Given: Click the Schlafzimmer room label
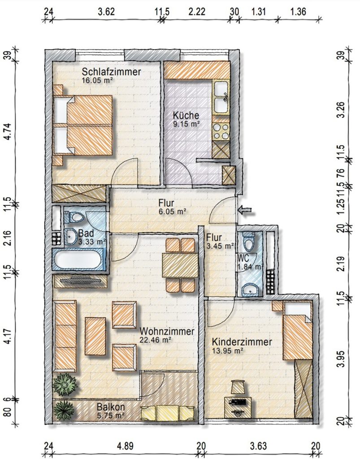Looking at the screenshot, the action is tap(111, 71).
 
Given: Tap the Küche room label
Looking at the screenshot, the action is tap(186, 115).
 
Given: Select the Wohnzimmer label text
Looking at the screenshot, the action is tap(167, 331).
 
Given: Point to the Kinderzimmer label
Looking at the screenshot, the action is tap(242, 342).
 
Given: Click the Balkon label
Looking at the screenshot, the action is tap(111, 407).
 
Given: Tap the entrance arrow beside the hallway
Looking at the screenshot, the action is tap(245, 209).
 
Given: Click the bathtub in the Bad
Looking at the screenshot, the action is tap(78, 260).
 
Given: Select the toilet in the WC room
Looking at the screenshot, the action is tap(249, 240).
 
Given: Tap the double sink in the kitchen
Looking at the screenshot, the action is tap(221, 97).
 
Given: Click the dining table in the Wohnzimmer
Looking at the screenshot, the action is tap(181, 265).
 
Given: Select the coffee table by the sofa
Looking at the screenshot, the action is tap(95, 336).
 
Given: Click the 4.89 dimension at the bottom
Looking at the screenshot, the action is tap(125, 446).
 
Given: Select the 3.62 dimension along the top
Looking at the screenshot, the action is tap(106, 12).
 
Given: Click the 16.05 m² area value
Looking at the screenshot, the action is tap(98, 81).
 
